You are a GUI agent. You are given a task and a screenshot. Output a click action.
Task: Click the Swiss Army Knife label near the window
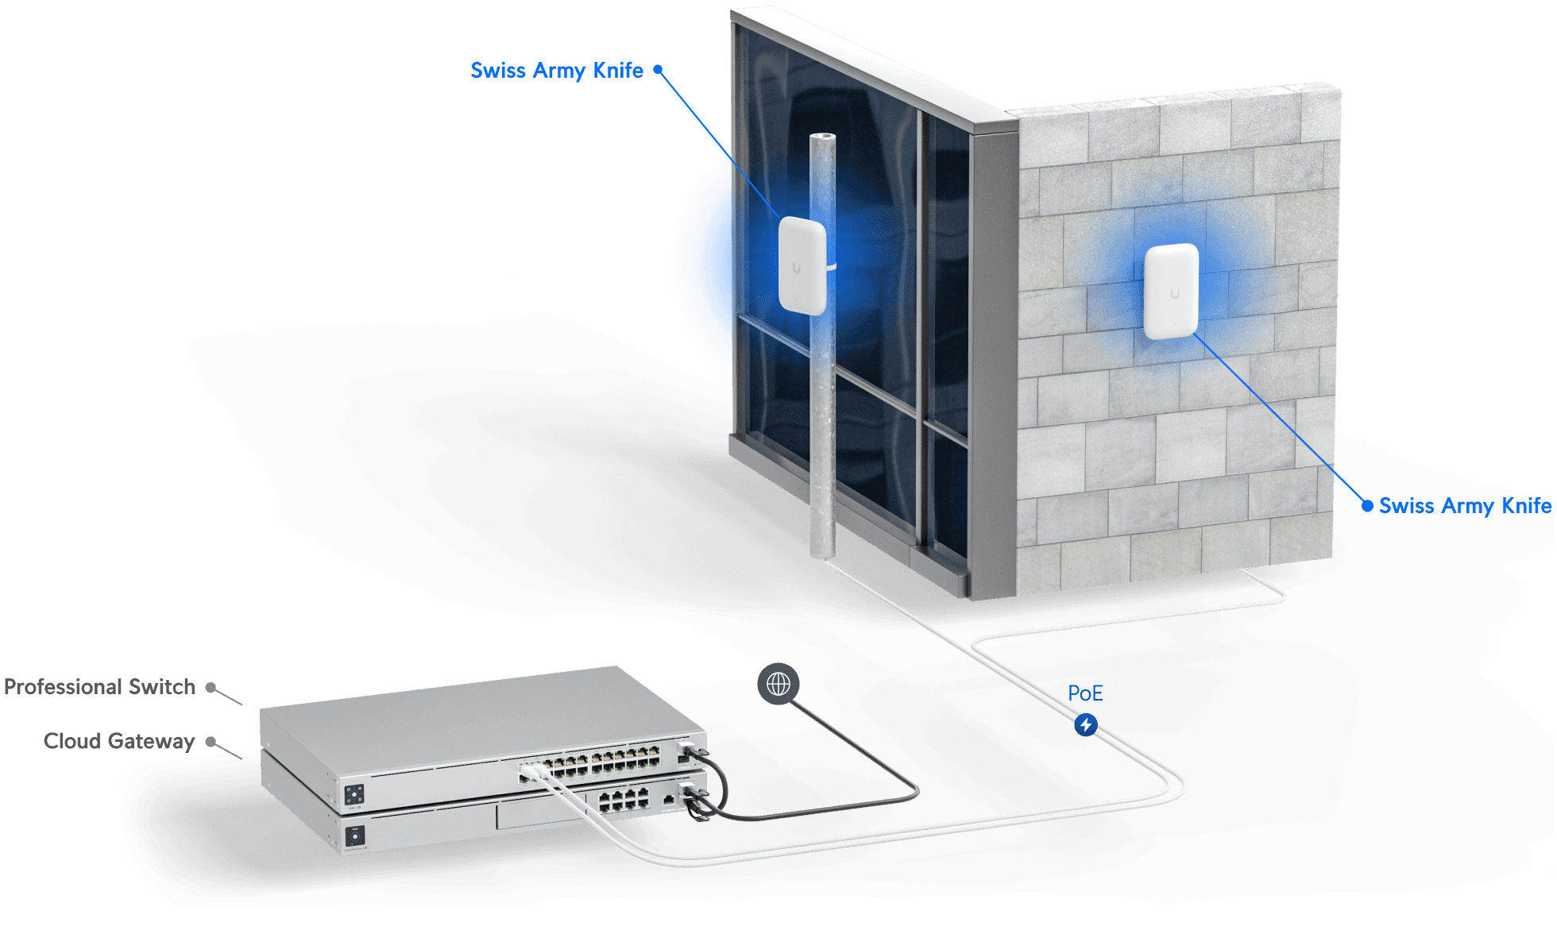tap(557, 70)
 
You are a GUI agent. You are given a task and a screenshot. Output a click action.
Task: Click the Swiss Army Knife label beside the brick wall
tap(1464, 506)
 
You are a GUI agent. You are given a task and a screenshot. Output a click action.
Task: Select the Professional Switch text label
tap(100, 687)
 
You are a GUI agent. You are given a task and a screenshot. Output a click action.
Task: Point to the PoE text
tap(1085, 693)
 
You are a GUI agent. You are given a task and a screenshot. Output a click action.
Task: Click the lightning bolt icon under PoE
tap(1086, 724)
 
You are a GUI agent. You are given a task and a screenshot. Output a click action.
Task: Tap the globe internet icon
tap(778, 683)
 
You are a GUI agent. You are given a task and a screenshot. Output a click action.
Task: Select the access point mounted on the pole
tap(802, 265)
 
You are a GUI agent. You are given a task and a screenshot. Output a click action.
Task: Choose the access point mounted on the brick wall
tap(1171, 291)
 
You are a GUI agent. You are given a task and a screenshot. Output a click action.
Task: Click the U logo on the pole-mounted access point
tap(797, 268)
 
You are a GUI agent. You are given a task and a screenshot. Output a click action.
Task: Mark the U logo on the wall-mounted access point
tap(1174, 294)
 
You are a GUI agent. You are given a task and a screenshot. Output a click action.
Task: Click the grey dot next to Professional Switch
tap(211, 687)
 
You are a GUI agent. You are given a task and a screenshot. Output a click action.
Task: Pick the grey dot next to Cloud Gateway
tap(211, 742)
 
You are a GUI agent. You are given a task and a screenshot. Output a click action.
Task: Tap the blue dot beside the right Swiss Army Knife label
tap(1367, 506)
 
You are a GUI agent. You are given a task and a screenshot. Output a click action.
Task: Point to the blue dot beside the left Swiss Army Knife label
tap(658, 70)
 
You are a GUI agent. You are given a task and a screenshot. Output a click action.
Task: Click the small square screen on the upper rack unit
tap(354, 793)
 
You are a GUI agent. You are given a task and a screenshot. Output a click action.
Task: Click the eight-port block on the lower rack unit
tap(624, 801)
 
